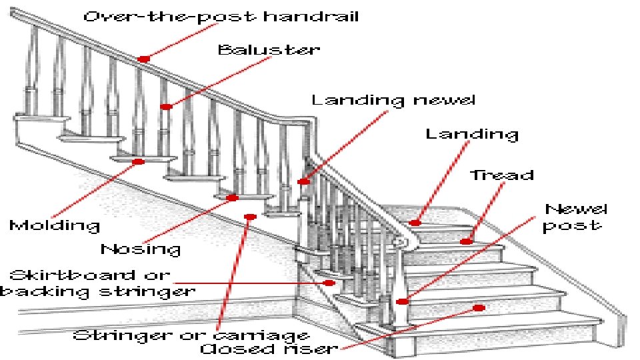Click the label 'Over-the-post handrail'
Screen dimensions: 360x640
coord(221,16)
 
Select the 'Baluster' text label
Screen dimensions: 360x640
coord(269,50)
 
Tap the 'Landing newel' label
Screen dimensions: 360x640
coord(393,101)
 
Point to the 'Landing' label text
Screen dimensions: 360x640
coord(472,134)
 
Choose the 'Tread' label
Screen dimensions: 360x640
coord(502,176)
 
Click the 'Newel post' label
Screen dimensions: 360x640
coord(574,217)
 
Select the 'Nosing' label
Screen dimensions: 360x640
coord(141,249)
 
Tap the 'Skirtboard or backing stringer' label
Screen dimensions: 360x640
coord(97,283)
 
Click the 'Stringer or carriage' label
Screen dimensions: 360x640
coord(191,335)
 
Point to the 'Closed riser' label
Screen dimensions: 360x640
coord(269,349)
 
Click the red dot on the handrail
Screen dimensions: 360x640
coord(143,59)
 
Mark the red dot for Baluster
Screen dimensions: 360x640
coord(167,106)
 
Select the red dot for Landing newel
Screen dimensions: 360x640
coord(303,181)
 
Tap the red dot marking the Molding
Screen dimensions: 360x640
coord(138,161)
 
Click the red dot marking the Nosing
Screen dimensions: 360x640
coord(232,197)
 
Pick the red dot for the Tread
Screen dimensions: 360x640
coord(467,241)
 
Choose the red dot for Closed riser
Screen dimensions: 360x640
coord(479,307)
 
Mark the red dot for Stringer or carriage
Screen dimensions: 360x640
coord(250,217)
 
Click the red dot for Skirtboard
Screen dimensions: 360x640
coord(329,283)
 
